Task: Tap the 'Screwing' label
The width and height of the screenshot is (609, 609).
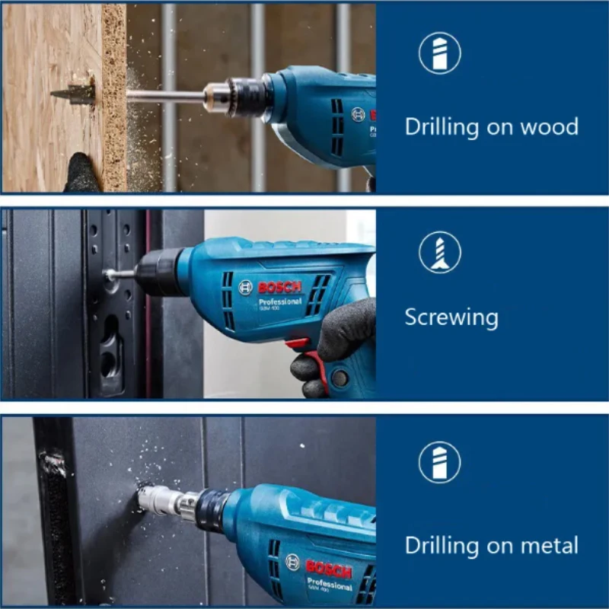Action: coord(451,317)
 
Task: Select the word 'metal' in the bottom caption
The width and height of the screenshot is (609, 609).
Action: coord(546,545)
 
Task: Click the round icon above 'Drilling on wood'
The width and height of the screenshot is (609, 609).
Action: coord(440,53)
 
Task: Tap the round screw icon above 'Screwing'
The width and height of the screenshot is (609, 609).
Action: coord(440,252)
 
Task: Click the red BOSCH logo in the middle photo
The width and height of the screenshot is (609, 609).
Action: coord(280,288)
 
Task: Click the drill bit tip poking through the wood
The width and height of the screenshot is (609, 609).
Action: coord(72,94)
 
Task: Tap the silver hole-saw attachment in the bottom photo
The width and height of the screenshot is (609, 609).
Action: coord(160,500)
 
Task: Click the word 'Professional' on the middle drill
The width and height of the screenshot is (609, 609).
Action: coord(282,302)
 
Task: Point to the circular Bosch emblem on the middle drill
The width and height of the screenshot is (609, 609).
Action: coord(244,287)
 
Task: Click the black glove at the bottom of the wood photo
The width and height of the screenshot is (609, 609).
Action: coord(82,174)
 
